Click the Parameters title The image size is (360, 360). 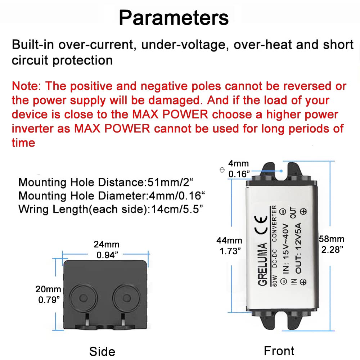[x=174, y=18]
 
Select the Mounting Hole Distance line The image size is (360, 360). [x=105, y=182]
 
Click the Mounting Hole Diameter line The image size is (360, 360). [x=111, y=196]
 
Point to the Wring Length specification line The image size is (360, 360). [x=111, y=210]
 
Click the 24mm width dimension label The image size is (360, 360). [x=107, y=249]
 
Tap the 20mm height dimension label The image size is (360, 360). [x=48, y=294]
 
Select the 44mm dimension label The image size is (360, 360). [x=229, y=246]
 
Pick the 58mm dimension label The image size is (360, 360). [x=332, y=244]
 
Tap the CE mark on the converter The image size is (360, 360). [x=261, y=225]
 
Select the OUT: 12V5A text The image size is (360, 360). [x=298, y=248]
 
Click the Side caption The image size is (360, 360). [x=102, y=351]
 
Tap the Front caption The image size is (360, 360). [x=279, y=351]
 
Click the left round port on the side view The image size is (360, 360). [x=84, y=298]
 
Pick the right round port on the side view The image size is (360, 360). [x=126, y=298]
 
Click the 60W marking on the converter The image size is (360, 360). [x=274, y=281]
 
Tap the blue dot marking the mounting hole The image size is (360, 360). [x=282, y=171]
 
